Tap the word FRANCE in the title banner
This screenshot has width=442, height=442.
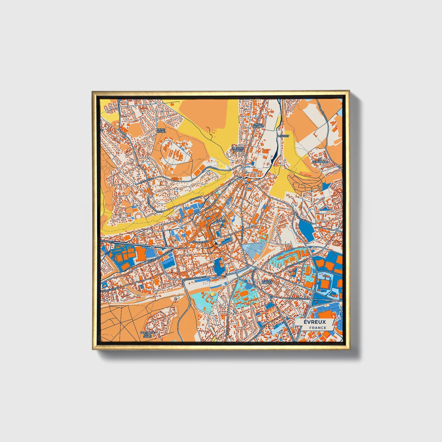[318, 328]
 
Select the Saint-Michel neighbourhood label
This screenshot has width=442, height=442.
[161, 131]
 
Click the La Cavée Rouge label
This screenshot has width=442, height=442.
[238, 149]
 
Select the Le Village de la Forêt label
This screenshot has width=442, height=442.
[146, 335]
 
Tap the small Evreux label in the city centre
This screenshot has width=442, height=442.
[221, 221]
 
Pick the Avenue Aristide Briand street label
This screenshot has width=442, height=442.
[159, 258]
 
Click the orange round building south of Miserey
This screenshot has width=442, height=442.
[249, 180]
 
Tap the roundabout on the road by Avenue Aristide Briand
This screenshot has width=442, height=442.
[153, 247]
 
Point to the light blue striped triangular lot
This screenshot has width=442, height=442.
[254, 249]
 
